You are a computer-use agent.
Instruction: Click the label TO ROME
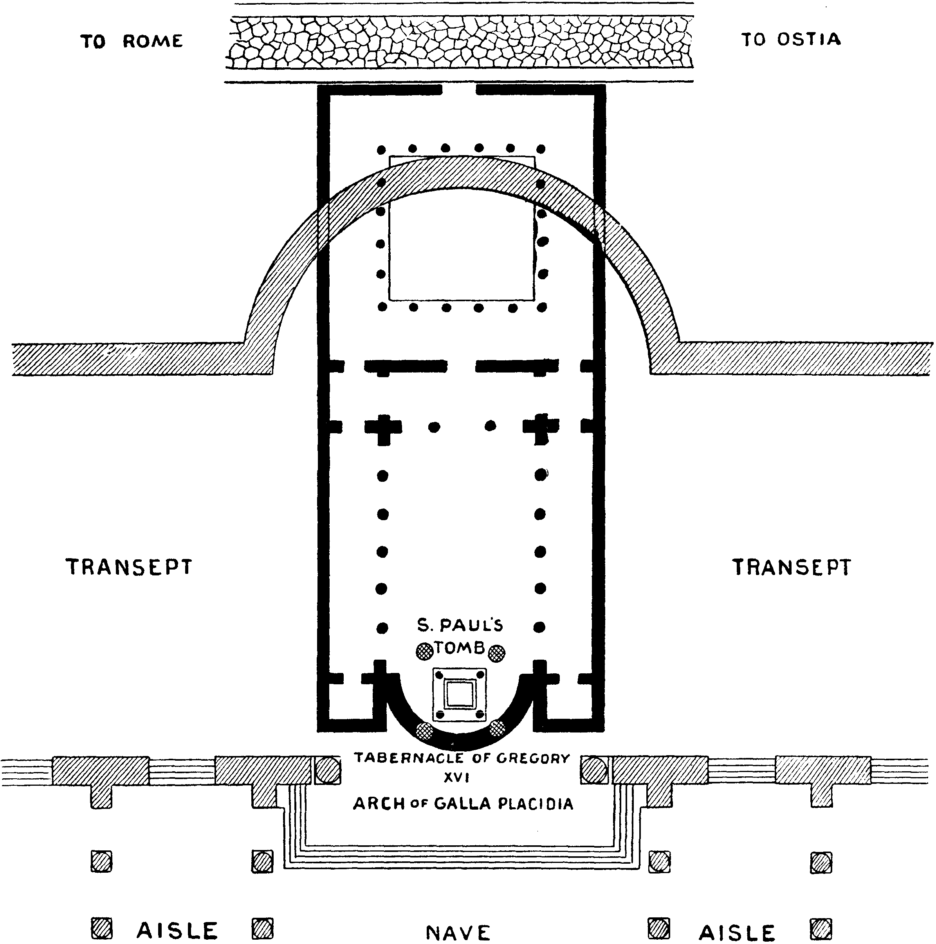pos(132,42)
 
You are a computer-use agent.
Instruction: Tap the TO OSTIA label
pos(791,40)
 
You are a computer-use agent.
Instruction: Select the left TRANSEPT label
pos(129,567)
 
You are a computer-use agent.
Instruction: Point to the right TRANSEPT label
pos(791,567)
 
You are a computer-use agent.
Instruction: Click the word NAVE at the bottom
pos(458,933)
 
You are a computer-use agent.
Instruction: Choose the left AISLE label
pos(177,931)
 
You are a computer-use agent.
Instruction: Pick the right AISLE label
pos(737,933)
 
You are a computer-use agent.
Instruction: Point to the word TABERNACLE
pos(409,758)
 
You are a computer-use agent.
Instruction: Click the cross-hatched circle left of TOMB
pos(424,651)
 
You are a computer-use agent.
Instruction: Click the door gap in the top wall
pos(459,90)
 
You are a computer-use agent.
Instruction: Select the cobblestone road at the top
pos(459,43)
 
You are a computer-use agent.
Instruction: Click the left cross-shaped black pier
pos(383,427)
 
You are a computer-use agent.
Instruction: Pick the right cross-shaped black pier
pos(540,427)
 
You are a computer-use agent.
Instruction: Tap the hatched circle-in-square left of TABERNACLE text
pos(327,770)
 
